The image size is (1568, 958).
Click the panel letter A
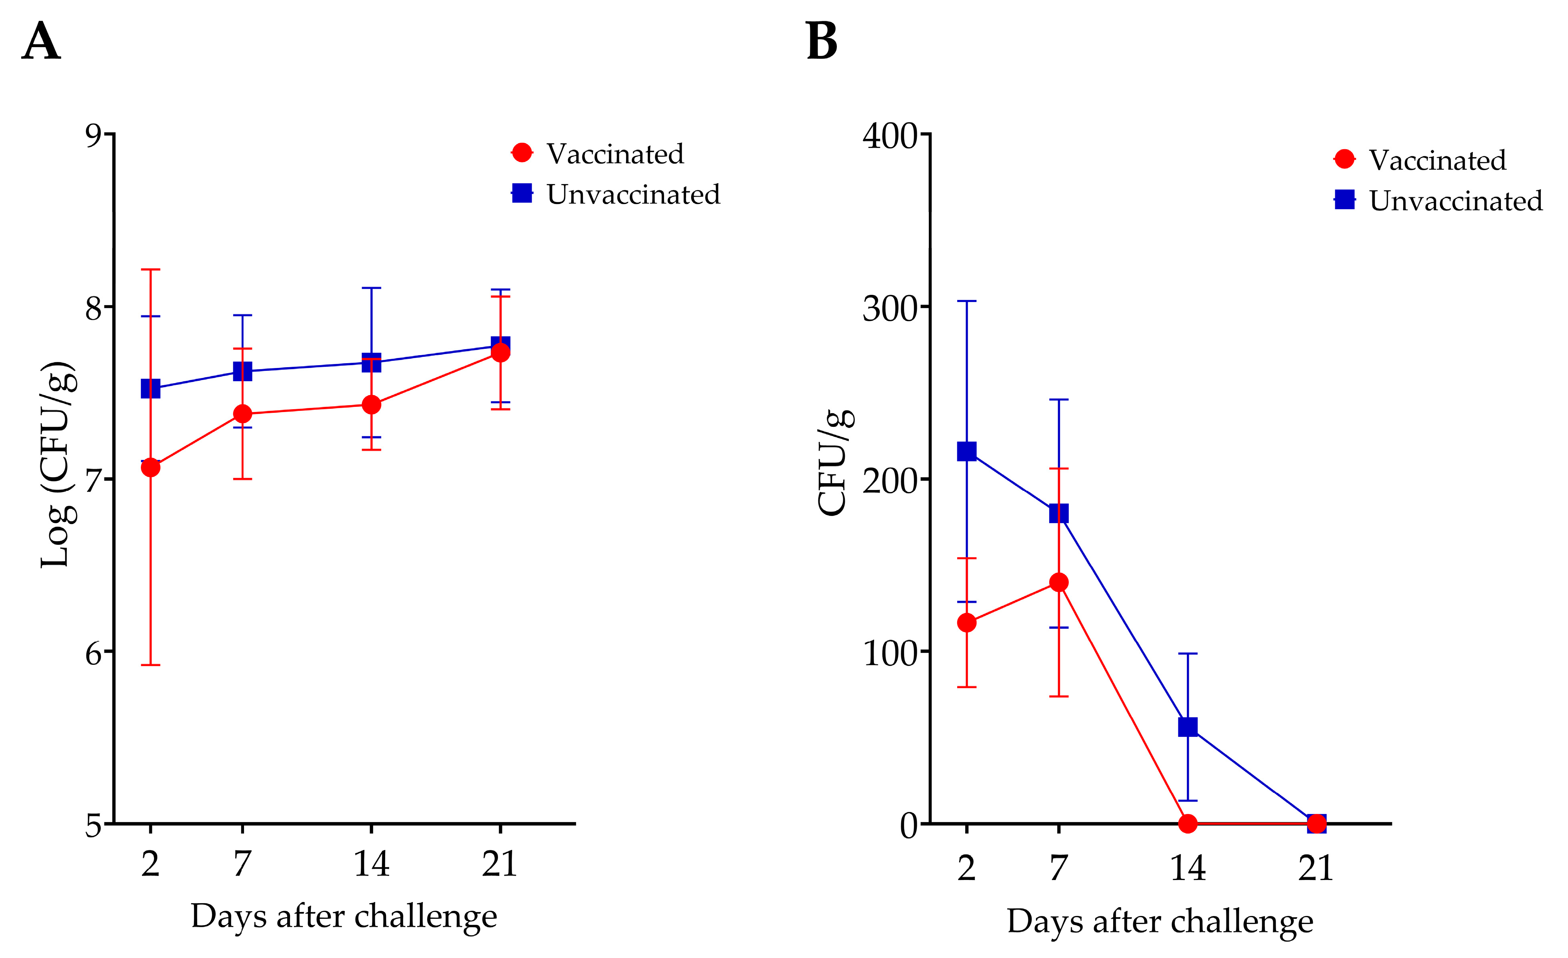(41, 41)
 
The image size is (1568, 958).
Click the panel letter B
(822, 41)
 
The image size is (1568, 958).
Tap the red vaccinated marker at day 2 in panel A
(150, 467)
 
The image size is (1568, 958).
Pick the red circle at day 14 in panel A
(371, 404)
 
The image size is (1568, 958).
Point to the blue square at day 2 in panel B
(967, 451)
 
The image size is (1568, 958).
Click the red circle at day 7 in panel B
(1058, 582)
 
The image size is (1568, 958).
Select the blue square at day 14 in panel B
(1188, 726)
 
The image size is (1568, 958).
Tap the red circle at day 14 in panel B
(1188, 823)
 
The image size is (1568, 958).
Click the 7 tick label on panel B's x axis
(1058, 868)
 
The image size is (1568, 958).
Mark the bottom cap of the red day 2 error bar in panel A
(150, 664)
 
